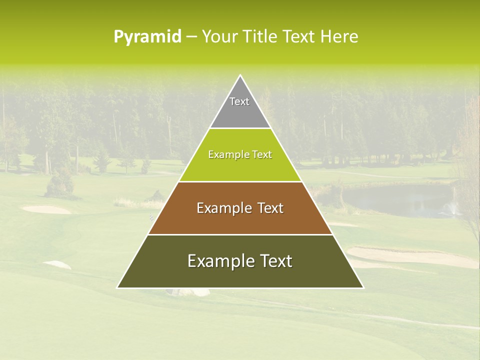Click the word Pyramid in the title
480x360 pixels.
pos(147,37)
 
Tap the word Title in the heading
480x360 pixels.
pos(262,37)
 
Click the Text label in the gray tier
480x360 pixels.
pos(239,101)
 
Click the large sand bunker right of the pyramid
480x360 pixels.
pos(410,256)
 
